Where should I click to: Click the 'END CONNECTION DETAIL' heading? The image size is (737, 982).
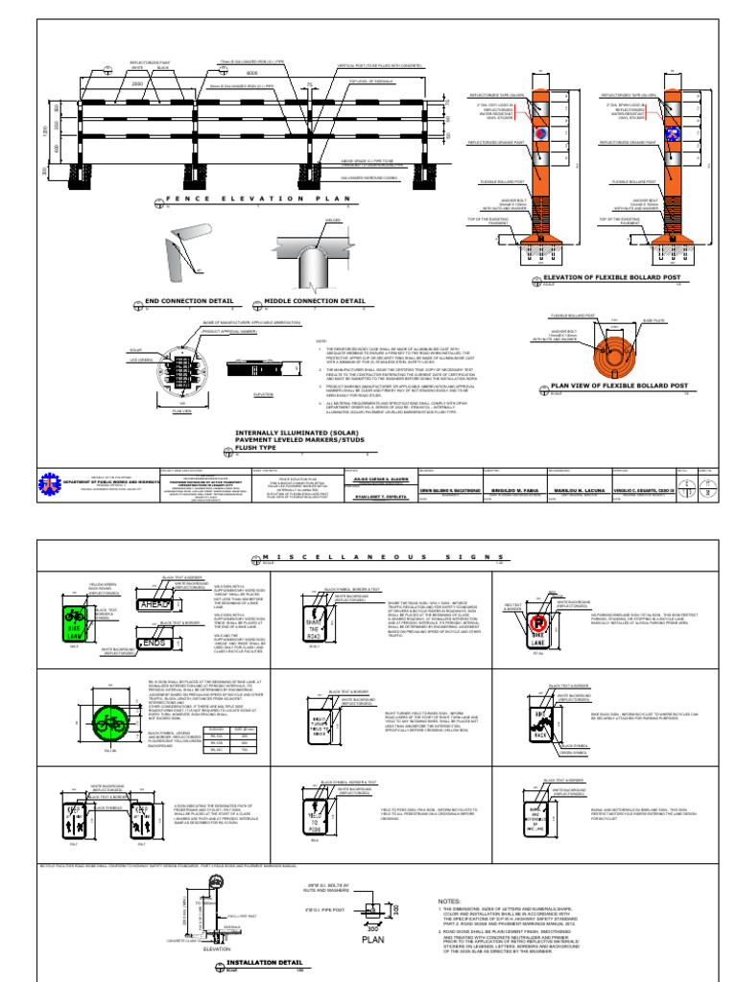point(182,300)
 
